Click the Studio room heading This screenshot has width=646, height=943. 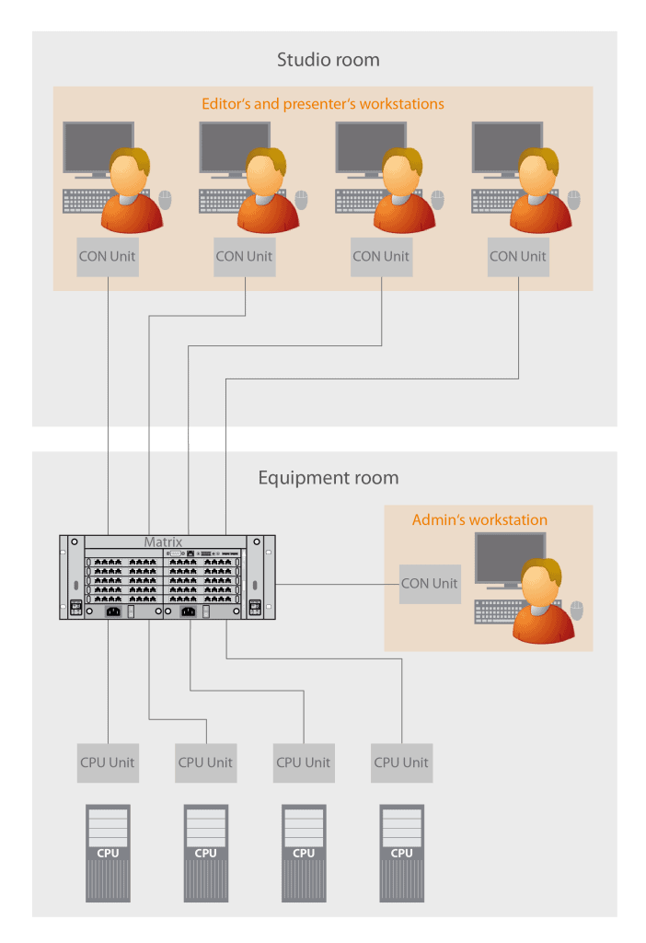point(328,61)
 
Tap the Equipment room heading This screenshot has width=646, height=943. point(328,478)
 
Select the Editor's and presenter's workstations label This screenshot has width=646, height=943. point(323,104)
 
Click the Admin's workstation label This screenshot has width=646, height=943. point(479,520)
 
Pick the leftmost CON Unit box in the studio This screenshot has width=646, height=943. point(108,256)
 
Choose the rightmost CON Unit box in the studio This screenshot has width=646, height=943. point(518,256)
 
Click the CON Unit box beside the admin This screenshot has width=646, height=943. point(430,583)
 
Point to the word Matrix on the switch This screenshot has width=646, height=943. point(163,542)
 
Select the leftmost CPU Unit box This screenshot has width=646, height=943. point(108,763)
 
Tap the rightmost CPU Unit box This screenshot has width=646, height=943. point(401,763)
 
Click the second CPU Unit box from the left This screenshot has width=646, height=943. point(205,763)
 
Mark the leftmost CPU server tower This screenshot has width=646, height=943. point(108,853)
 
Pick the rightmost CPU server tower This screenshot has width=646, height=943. point(401,853)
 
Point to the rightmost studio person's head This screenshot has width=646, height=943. point(533,174)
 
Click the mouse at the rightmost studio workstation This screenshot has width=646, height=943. point(574,199)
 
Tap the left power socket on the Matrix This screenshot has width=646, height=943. point(115,611)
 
